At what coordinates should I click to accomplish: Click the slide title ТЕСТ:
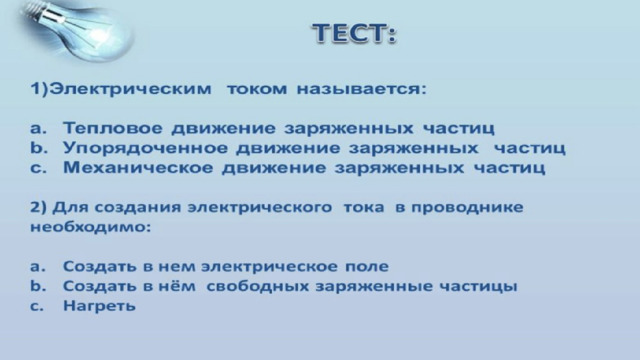(x=355, y=33)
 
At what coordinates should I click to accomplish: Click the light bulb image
(x=76, y=29)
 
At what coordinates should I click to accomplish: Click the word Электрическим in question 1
(x=131, y=89)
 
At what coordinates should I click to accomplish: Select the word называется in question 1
(x=361, y=89)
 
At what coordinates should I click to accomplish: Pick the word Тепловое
(x=113, y=128)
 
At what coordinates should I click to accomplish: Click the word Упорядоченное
(x=145, y=148)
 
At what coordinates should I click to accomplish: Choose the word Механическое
(x=138, y=168)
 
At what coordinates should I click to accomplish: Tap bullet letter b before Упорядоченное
(x=38, y=148)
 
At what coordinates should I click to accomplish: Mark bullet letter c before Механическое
(x=38, y=169)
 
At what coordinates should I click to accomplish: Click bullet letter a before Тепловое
(x=38, y=129)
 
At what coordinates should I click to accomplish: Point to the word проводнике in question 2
(x=467, y=207)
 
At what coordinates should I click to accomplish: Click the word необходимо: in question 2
(x=91, y=227)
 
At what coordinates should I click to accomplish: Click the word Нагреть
(x=99, y=305)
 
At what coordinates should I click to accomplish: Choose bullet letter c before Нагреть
(x=37, y=306)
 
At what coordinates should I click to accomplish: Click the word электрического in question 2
(x=260, y=207)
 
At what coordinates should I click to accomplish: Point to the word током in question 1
(x=257, y=89)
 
